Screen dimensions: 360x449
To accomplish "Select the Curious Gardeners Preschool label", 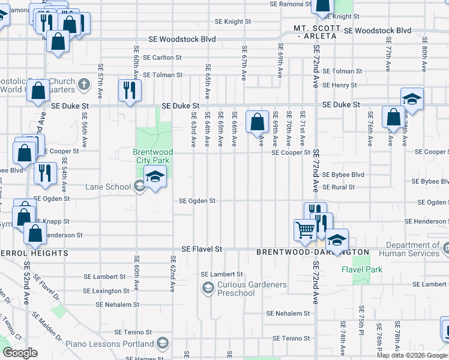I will (235, 289).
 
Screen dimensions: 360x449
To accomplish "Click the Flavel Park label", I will (362, 269).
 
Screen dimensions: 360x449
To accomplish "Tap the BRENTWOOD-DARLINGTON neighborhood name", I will (312, 253).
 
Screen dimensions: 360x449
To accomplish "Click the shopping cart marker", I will (305, 230).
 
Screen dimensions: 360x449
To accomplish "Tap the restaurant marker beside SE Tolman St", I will (130, 91).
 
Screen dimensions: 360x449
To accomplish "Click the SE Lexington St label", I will (106, 291).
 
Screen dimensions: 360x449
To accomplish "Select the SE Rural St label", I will (338, 187).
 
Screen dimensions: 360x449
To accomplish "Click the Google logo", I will (20, 353).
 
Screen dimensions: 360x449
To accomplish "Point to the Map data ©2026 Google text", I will (412, 355).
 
